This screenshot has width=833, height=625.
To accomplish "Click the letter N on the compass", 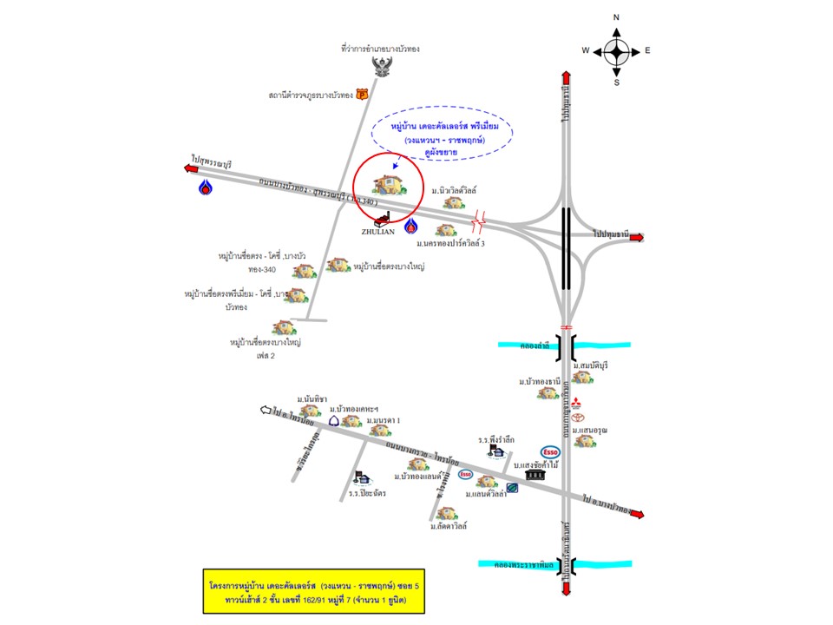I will coord(616,17).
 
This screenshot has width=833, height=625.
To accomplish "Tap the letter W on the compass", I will coord(586,51).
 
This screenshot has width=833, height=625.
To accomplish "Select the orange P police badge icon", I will coord(362,95).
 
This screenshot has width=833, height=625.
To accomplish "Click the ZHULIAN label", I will coord(378,232).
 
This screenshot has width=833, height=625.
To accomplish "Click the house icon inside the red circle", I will coord(387,184).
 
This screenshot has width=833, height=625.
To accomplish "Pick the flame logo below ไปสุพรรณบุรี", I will coord(205,186).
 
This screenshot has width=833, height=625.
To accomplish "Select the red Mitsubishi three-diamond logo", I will coord(574,401).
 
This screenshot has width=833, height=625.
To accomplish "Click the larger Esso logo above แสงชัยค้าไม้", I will coord(549,451).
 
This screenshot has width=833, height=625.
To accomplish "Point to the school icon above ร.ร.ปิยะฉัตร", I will coord(362,477).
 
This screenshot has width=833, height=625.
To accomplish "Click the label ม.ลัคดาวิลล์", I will coord(448,526).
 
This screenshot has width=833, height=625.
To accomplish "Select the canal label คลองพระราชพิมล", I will coord(516,564).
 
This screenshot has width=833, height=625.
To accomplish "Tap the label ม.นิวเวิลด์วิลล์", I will coord(456,188).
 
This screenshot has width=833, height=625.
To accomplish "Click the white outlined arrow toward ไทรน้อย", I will coord(266,409).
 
